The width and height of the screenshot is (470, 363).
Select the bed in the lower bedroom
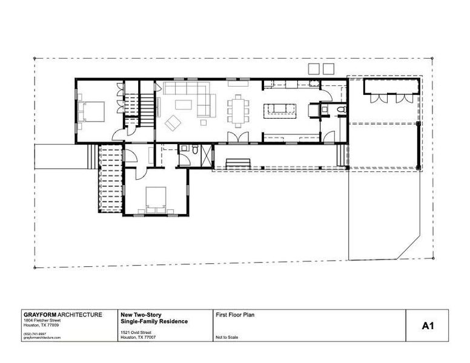[x=155, y=200]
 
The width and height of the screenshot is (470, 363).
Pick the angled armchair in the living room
[x=173, y=122]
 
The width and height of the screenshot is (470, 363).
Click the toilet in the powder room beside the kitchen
[x=339, y=110]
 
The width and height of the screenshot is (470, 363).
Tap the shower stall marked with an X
[x=206, y=156]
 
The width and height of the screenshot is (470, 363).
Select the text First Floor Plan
[x=234, y=315]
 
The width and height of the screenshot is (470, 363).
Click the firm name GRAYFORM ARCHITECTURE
[x=62, y=315]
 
